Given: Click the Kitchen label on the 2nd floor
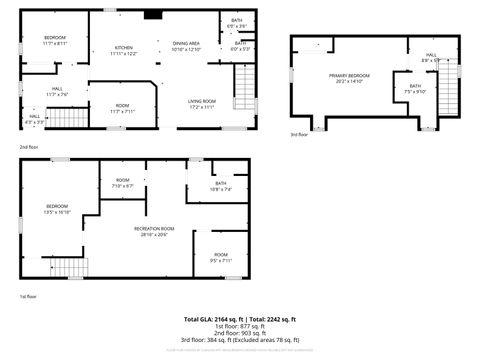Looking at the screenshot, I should click(125, 50).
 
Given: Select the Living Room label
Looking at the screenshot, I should click(203, 103).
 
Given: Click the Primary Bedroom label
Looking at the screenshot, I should click(349, 78).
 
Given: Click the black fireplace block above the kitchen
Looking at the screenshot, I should click(152, 15).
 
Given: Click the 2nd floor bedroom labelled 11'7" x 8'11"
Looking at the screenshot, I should click(54, 40).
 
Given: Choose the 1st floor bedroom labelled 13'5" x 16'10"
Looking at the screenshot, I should click(57, 210).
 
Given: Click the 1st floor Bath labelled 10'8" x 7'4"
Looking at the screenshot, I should click(220, 186).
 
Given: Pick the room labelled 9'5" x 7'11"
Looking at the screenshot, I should click(220, 257).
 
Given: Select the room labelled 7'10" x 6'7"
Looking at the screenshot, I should click(122, 184).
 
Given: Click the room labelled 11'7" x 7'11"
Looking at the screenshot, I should click(122, 108).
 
